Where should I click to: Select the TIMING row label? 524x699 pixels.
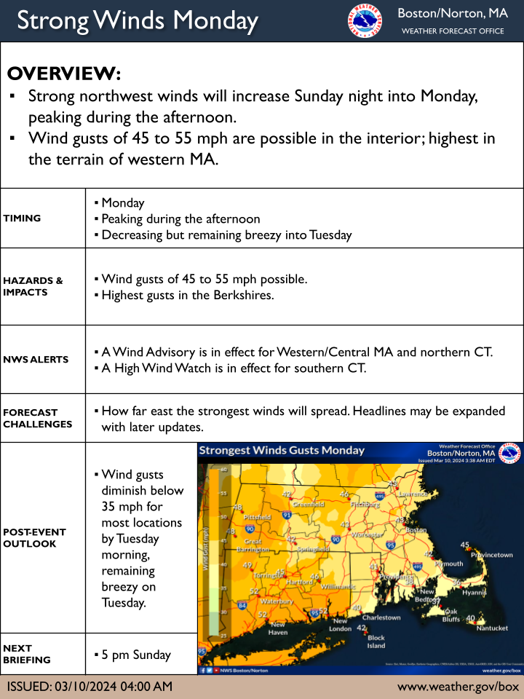click(22, 218)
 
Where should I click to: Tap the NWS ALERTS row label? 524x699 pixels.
click(36, 359)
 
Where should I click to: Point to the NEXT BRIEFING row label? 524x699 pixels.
click(27, 654)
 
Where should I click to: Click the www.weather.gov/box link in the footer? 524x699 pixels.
click(458, 687)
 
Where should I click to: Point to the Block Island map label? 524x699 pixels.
click(376, 641)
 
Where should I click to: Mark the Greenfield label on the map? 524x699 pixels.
click(308, 504)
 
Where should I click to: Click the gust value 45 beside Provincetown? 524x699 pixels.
click(466, 545)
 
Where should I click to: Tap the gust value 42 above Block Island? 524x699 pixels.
click(362, 628)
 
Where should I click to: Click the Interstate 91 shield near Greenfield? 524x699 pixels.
click(287, 515)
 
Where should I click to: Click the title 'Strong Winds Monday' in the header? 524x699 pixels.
click(138, 20)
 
